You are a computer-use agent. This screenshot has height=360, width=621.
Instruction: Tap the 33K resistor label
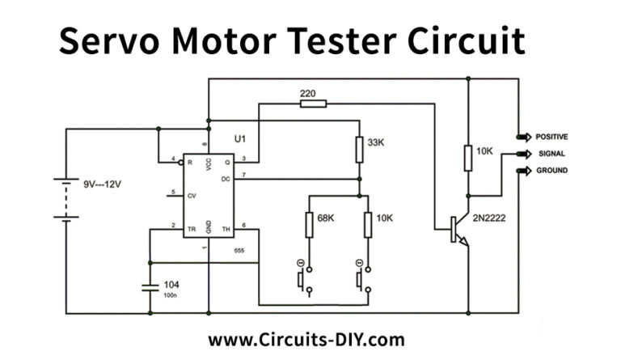[376, 142]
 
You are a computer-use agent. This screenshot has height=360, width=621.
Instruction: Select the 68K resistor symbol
[309, 225]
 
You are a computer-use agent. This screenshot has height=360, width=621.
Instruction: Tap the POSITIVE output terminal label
[551, 137]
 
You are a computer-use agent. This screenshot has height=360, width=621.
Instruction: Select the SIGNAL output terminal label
[548, 154]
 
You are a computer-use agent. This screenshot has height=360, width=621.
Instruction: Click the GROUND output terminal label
[551, 171]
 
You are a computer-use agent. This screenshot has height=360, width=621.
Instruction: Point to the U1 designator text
[239, 139]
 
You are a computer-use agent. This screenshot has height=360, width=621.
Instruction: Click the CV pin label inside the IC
[192, 195]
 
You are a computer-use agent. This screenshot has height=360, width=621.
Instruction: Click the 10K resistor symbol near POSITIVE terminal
[467, 158]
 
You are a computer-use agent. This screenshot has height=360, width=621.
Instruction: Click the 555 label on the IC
[239, 250]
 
